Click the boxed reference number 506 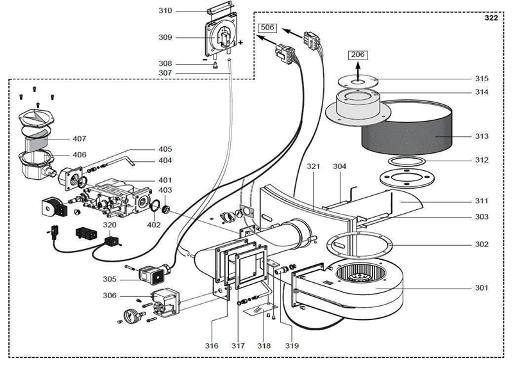(267, 28)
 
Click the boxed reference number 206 (358, 55)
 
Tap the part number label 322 (491, 18)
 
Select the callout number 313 (482, 136)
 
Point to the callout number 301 (482, 287)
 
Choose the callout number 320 (110, 225)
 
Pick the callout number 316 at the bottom (212, 346)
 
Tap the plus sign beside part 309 (240, 43)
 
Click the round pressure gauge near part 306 (131, 314)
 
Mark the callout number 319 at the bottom (292, 346)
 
